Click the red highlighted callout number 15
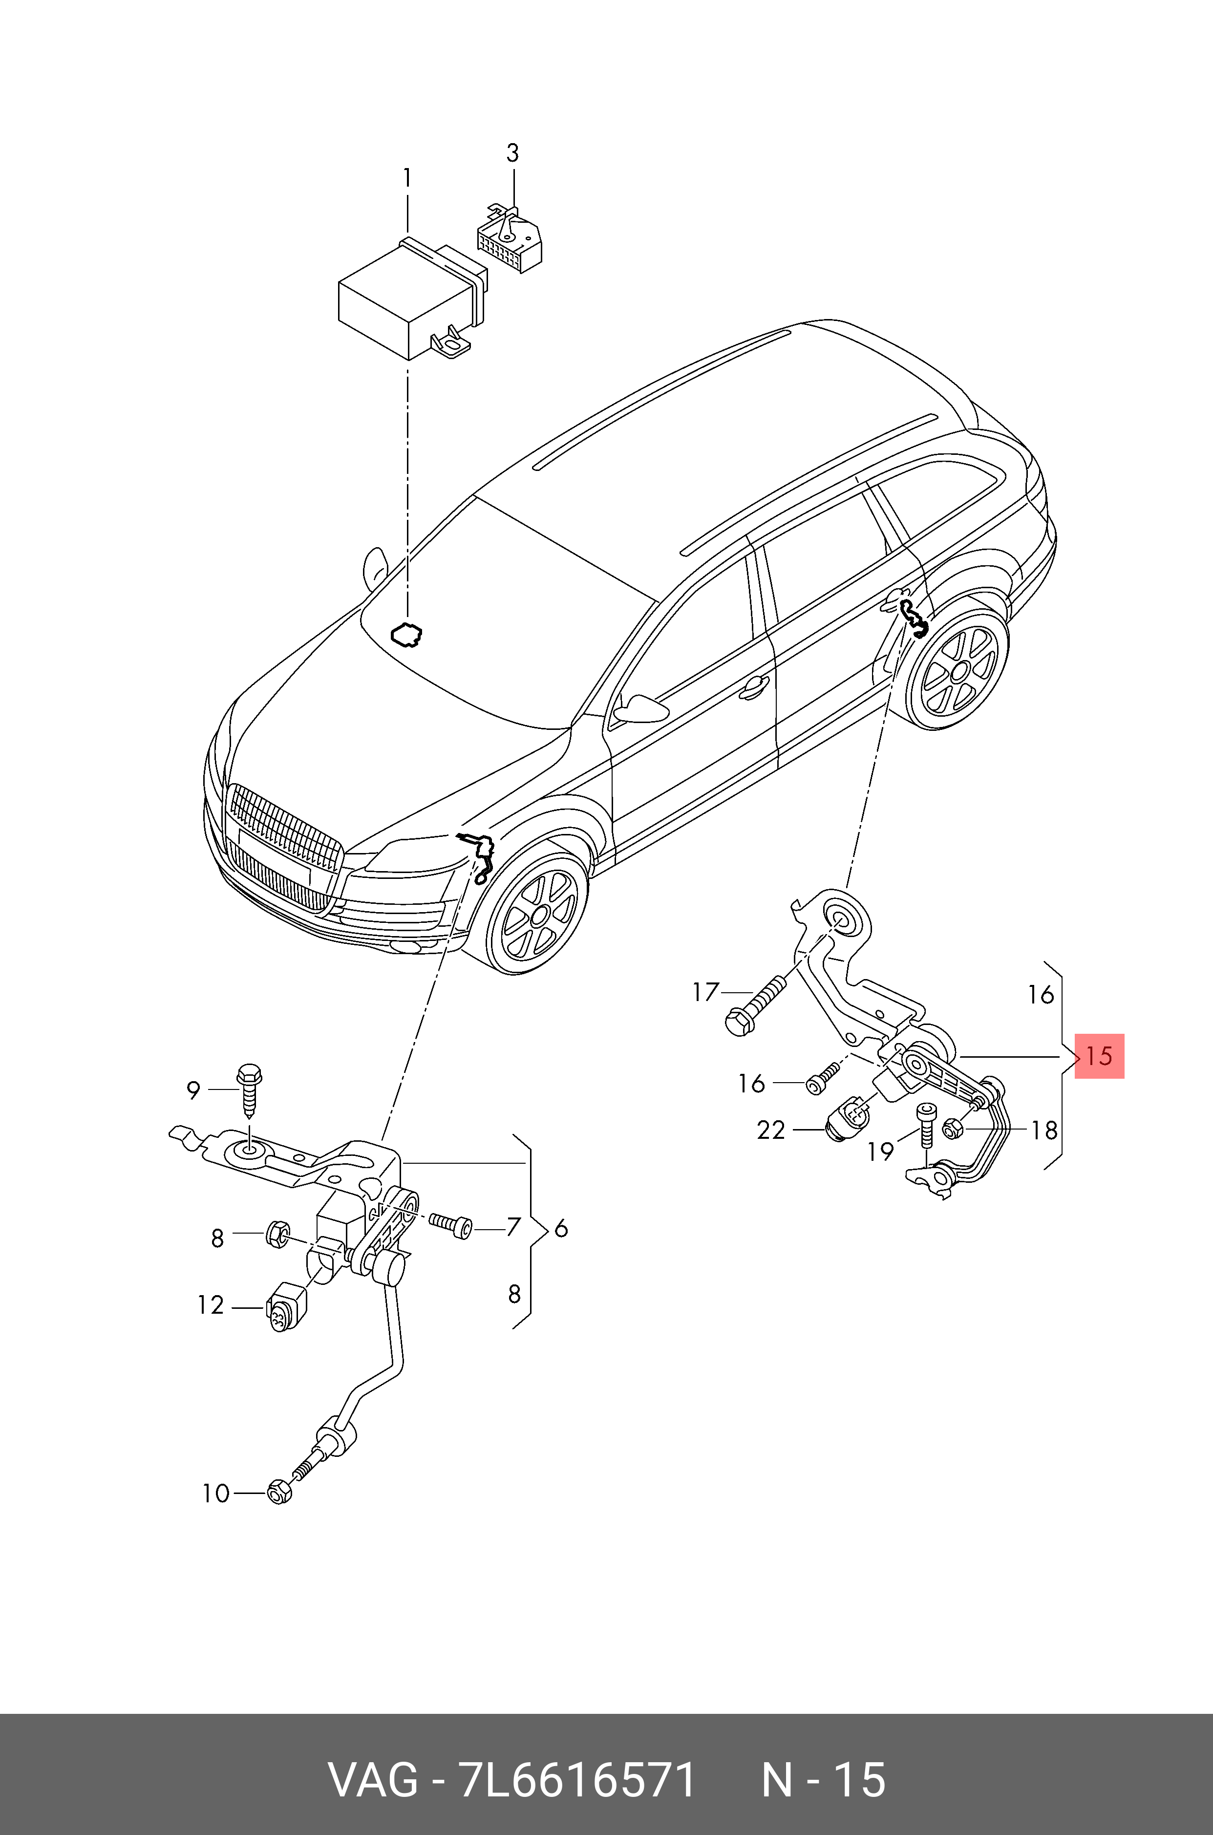coord(1099,1056)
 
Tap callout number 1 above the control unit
coord(407,179)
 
